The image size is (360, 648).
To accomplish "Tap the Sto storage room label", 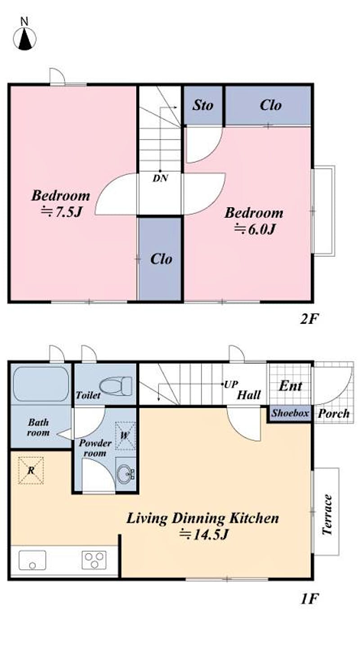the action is [203, 105].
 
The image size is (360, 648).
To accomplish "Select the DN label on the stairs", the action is [160, 178].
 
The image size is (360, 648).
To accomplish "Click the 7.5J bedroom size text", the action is [62, 212].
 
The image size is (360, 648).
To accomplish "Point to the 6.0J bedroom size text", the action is [254, 229].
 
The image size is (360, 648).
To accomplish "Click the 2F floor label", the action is [309, 319].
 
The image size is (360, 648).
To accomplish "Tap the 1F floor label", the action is [309, 599].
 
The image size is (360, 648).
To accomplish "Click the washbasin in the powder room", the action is [126, 474].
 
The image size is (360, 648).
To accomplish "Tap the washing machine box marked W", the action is [125, 436].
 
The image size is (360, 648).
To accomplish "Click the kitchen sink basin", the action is [32, 560].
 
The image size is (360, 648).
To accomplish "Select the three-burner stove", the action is [94, 560].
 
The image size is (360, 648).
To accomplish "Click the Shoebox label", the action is [290, 413].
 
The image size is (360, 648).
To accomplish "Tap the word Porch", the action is [333, 413].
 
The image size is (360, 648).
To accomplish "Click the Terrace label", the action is [327, 514].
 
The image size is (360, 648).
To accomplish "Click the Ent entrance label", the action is [291, 386].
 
